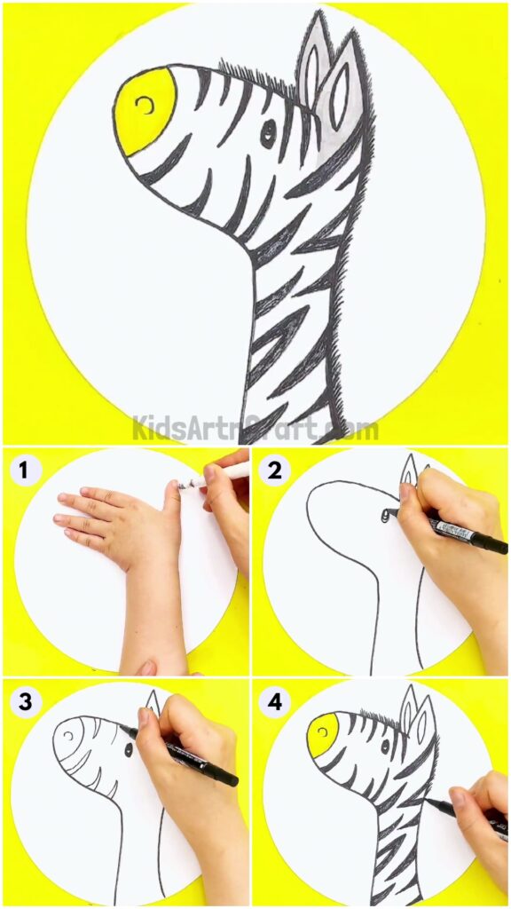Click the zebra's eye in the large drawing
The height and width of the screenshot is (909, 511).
(268, 132)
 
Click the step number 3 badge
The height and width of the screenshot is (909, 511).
(26, 702)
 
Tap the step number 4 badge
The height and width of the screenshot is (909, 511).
(274, 702)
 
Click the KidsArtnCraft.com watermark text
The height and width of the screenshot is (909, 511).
(255, 429)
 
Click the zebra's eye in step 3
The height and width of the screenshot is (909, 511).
(129, 750)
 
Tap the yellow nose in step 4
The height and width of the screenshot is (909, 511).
(322, 731)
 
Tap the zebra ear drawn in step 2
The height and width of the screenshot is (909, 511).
(408, 471)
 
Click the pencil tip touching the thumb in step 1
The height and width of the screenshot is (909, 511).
(188, 484)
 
